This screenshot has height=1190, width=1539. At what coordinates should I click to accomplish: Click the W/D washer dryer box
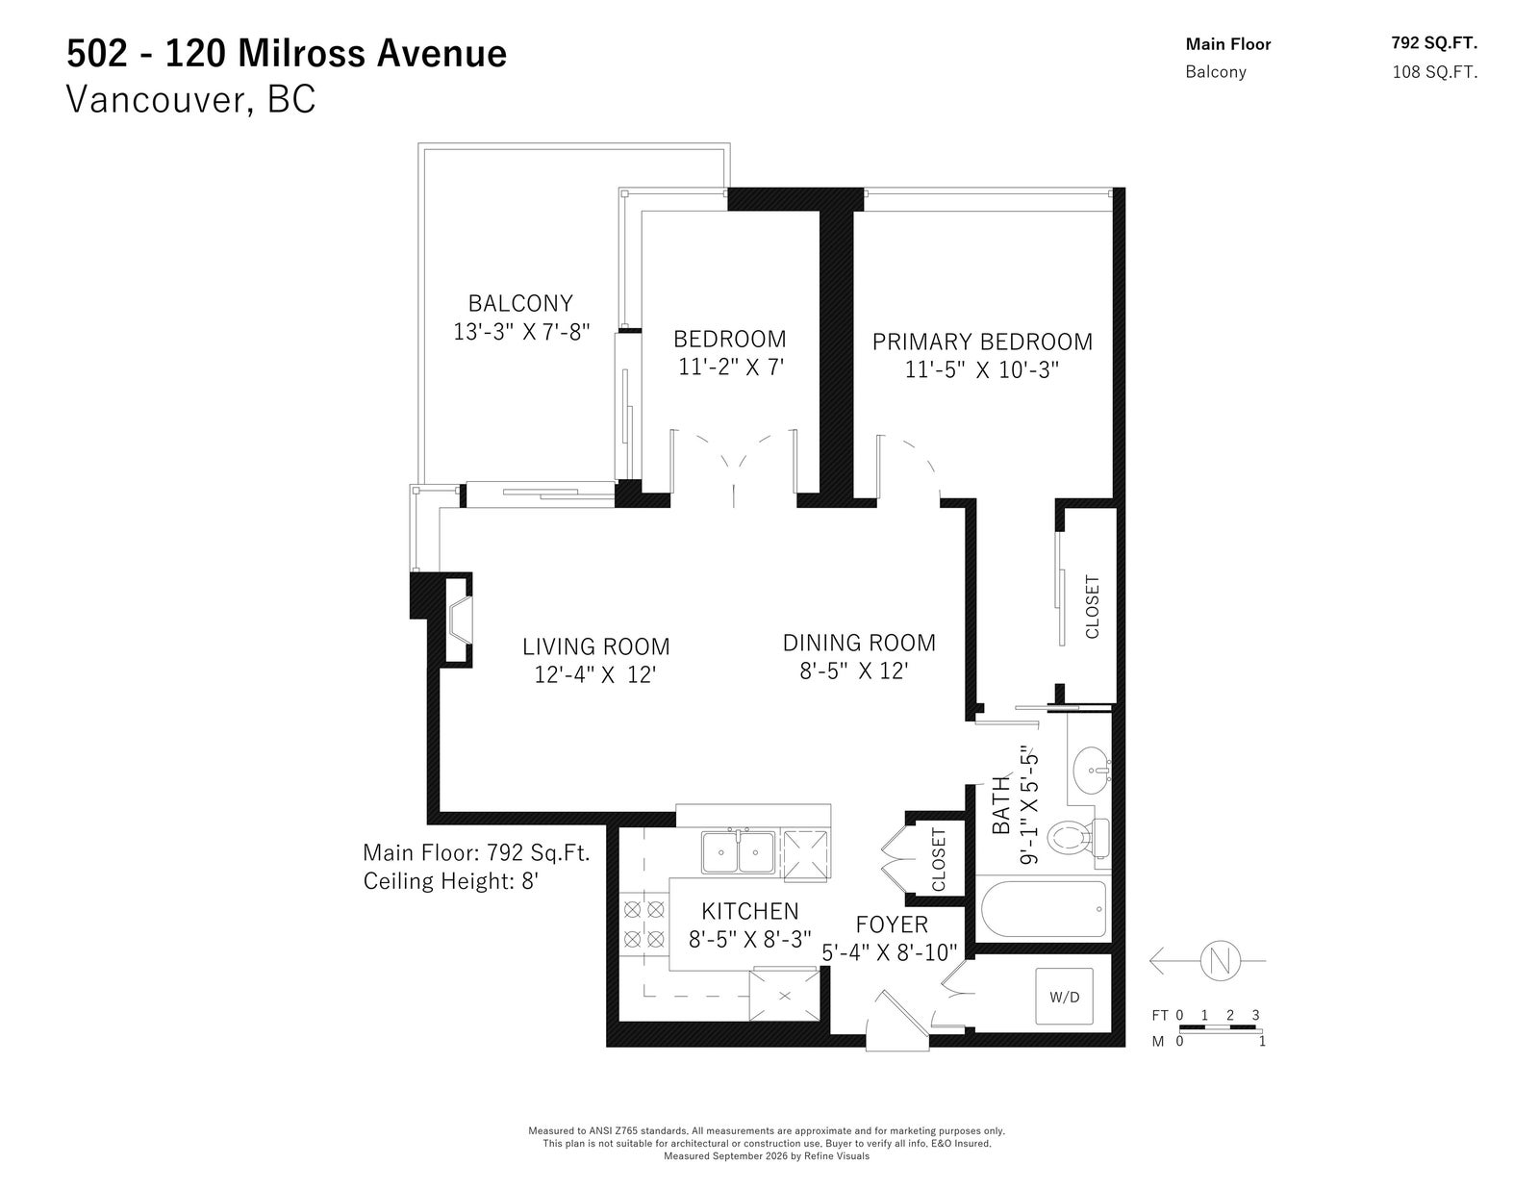[x=1064, y=996]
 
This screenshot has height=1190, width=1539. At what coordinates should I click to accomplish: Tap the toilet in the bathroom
[x=1078, y=839]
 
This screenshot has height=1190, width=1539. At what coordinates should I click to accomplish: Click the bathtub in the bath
[x=1044, y=909]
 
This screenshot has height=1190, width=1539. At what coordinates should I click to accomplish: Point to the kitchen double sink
[x=738, y=852]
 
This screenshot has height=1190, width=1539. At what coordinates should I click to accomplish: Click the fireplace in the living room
[x=458, y=620]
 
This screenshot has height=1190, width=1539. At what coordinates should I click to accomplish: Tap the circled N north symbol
[x=1220, y=961]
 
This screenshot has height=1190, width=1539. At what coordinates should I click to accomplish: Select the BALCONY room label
[x=519, y=303]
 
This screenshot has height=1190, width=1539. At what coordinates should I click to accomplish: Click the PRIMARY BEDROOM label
[x=982, y=342]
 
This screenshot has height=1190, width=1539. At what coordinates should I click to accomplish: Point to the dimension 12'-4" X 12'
[x=594, y=674]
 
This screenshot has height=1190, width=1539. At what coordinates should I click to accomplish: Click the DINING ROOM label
[x=859, y=644]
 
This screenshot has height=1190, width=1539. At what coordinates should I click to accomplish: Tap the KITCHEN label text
[x=750, y=911]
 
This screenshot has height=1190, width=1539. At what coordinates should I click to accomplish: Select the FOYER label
[x=892, y=924]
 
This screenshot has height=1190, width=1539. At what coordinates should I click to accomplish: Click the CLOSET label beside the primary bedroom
[x=1092, y=607]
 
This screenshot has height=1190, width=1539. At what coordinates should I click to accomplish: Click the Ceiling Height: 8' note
[x=451, y=881]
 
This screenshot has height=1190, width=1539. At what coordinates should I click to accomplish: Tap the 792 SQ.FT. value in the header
[x=1434, y=43]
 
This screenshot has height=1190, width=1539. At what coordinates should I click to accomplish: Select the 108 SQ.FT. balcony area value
[x=1435, y=72]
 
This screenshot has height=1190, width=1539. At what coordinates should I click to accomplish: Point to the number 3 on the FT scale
[x=1255, y=1015]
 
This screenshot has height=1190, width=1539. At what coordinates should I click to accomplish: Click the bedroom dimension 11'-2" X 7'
[x=731, y=367]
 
